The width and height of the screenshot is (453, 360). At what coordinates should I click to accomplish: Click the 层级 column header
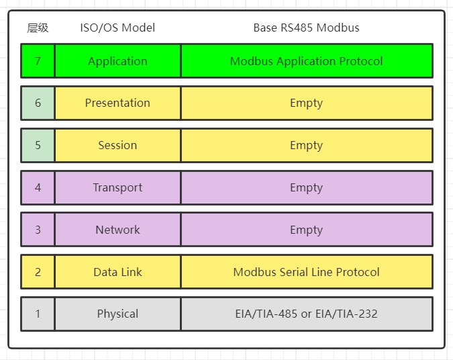(x=38, y=28)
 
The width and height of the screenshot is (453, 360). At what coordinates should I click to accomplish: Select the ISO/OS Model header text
(x=117, y=28)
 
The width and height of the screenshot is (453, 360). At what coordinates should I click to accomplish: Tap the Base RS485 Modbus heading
(x=306, y=28)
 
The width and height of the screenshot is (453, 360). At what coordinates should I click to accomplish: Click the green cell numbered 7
(x=38, y=61)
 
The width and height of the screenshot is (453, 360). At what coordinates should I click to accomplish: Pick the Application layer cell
(x=117, y=61)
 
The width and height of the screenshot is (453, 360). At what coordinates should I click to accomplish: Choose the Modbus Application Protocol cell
(x=306, y=61)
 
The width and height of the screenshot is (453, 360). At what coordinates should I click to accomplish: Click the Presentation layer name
(x=117, y=103)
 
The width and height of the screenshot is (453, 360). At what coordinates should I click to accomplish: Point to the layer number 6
(x=38, y=103)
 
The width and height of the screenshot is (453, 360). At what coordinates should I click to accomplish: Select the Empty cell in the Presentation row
(x=306, y=103)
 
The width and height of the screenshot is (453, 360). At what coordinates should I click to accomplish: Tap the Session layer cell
(x=117, y=146)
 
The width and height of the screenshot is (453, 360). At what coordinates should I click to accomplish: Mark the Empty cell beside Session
(x=306, y=146)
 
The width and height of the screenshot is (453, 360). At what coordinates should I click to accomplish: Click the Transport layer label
(x=117, y=188)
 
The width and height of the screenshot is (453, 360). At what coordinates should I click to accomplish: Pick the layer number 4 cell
(x=38, y=188)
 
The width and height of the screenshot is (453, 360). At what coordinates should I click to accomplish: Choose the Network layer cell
(x=117, y=230)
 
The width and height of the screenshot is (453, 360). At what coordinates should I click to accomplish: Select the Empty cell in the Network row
(x=306, y=230)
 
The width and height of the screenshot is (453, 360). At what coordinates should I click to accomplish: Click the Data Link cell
(x=117, y=272)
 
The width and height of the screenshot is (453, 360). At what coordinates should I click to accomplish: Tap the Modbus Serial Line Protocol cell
(x=306, y=272)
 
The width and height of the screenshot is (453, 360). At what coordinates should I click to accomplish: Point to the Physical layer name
(x=117, y=314)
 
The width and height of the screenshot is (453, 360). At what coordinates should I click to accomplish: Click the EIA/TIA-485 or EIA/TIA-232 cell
(x=306, y=314)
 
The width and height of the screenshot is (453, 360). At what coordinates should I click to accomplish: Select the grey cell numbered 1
(x=38, y=314)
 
